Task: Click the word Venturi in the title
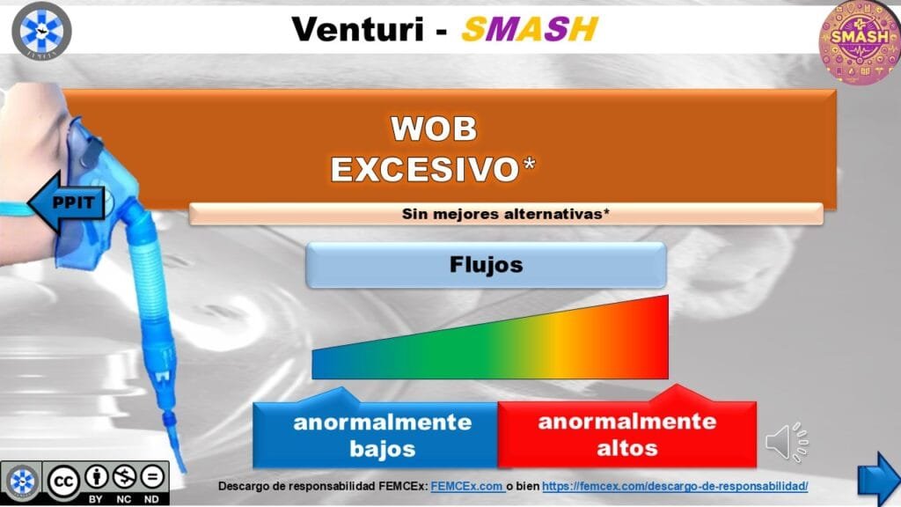point(357,29)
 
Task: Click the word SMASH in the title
point(530,29)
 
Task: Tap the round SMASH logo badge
point(860,42)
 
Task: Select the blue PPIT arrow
point(67,202)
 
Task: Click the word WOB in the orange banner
point(434,129)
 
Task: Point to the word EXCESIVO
point(425,169)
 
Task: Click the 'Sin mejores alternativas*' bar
point(506,214)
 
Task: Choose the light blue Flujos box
point(486,265)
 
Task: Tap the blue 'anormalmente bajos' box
point(375,434)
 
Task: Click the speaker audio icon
point(787,442)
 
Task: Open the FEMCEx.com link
point(467,486)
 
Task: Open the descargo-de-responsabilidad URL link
point(675,486)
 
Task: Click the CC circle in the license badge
point(62,481)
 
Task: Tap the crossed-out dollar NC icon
point(124,476)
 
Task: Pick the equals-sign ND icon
point(152,476)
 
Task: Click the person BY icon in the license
point(97,476)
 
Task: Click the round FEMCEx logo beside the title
point(41,31)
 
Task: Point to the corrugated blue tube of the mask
point(148,282)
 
